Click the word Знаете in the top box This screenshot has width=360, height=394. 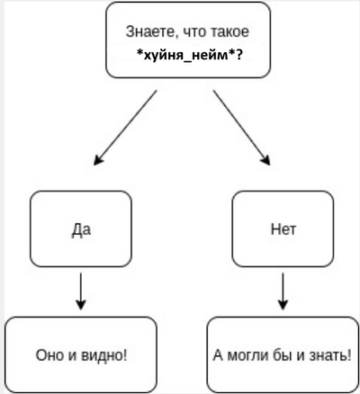[148, 31]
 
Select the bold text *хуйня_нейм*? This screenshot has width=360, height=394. [189, 55]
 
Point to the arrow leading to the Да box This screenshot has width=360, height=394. [125, 128]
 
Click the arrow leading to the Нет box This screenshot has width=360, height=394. [241, 128]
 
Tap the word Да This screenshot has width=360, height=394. [81, 230]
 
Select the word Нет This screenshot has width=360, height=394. [283, 229]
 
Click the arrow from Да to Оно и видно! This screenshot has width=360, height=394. [81, 291]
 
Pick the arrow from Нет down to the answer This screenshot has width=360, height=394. [283, 291]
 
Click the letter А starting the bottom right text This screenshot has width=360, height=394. [218, 355]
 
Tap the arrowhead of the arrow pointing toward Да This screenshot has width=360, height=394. [98, 160]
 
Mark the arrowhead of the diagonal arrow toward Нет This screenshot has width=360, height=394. [265, 160]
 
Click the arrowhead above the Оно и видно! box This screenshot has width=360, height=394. [81, 304]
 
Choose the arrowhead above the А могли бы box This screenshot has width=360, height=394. [283, 304]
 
